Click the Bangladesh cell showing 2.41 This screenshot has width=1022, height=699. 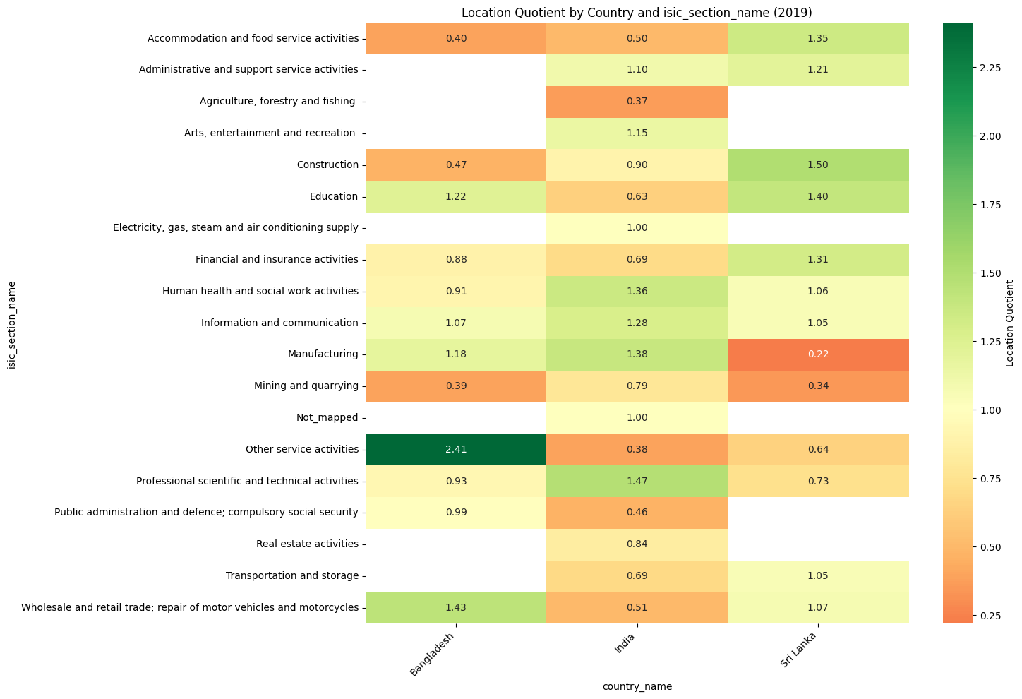[455, 449]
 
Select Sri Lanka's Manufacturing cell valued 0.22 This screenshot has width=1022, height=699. [818, 354]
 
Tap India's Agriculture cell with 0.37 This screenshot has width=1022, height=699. [637, 102]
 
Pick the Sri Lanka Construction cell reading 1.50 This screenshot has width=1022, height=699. [818, 165]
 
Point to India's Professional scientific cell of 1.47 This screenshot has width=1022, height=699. [637, 481]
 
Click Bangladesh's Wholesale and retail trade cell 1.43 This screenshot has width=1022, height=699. [455, 607]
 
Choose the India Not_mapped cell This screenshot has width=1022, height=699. [637, 417]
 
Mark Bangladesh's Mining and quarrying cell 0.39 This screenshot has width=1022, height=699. [455, 386]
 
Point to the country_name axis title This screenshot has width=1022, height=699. [637, 686]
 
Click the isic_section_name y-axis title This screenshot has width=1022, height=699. [11, 323]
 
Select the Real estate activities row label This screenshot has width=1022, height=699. [307, 544]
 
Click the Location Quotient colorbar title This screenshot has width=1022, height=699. [1009, 323]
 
